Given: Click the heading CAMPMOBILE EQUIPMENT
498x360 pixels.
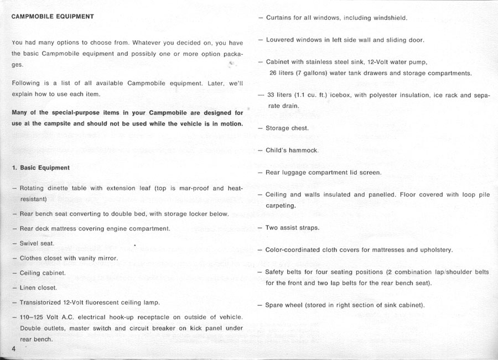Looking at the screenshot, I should click(x=53, y=17).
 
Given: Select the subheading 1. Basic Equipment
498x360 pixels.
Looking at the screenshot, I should click(x=40, y=168).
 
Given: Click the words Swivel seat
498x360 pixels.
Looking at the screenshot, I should click(x=37, y=243).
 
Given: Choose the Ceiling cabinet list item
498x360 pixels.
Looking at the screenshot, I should click(x=43, y=273).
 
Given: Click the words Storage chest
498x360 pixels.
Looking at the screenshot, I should click(x=287, y=128).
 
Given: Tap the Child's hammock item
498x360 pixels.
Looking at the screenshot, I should click(x=292, y=150).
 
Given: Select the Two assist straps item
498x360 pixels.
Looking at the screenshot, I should click(x=292, y=228).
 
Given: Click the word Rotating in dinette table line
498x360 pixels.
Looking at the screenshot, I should click(x=33, y=188).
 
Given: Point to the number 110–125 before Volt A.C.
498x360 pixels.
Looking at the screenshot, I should click(x=33, y=317).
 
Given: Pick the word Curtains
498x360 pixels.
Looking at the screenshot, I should click(x=279, y=18).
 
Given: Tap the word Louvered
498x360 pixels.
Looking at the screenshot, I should click(x=280, y=40).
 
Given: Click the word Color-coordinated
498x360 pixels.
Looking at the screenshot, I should click(x=293, y=250).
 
